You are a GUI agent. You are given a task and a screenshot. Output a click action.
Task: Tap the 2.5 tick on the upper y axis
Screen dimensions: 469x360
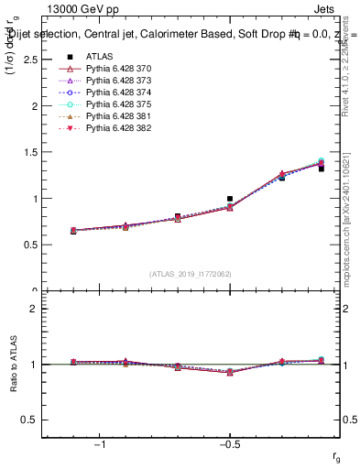(x=33, y=59)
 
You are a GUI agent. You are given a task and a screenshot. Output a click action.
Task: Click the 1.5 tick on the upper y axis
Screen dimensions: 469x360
(x=33, y=152)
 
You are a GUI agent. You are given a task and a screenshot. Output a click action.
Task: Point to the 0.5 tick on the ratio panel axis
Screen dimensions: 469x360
(x=33, y=420)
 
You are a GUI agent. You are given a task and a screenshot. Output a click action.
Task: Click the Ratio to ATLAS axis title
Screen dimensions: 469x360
(x=13, y=365)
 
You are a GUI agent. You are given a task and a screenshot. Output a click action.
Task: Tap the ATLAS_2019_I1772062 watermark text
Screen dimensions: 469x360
(x=191, y=273)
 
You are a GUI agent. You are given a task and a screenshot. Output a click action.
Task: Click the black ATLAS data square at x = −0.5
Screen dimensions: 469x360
(x=230, y=198)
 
